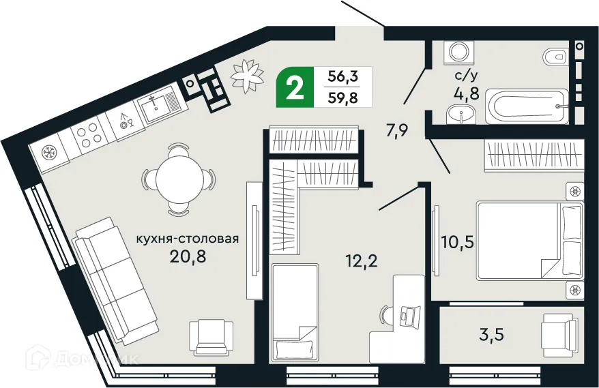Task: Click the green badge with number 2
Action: tap(295, 88)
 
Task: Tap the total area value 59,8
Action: tap(345, 96)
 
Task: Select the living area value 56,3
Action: tap(345, 76)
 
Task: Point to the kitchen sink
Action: tap(158, 106)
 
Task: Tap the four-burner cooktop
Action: tap(87, 134)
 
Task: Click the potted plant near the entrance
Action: tap(247, 75)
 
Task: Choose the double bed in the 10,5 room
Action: tap(529, 239)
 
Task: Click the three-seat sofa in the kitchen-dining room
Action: tap(116, 280)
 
